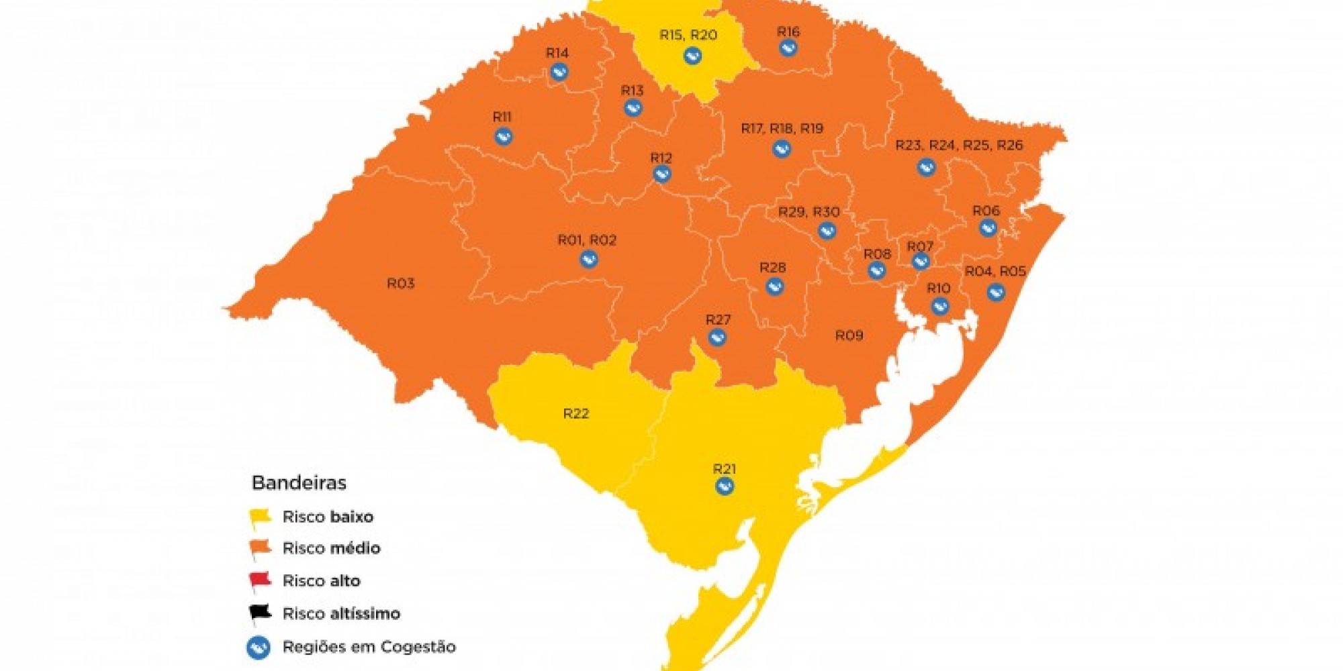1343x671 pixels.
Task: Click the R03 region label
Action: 400,284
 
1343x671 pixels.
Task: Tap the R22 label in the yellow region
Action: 575,414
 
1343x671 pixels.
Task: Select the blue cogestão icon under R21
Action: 724,486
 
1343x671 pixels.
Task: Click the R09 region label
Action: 849,335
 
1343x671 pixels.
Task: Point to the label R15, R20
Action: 688,35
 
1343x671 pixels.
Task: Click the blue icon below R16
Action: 788,48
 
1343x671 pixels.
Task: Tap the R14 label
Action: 557,53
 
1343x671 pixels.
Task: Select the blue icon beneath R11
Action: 503,137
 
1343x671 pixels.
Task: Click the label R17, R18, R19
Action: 782,129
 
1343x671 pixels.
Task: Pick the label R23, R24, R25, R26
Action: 959,146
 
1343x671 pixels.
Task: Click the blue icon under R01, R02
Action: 588,259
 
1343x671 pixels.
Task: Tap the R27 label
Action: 718,320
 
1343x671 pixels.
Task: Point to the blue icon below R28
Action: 774,287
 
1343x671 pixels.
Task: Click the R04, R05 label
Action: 995,272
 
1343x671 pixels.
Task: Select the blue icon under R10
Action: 939,307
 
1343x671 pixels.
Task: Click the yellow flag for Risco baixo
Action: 260,518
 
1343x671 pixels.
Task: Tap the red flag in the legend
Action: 260,580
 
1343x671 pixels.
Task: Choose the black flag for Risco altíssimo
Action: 260,613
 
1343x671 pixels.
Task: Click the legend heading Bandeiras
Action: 299,482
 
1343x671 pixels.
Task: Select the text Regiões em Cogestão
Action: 369,647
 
